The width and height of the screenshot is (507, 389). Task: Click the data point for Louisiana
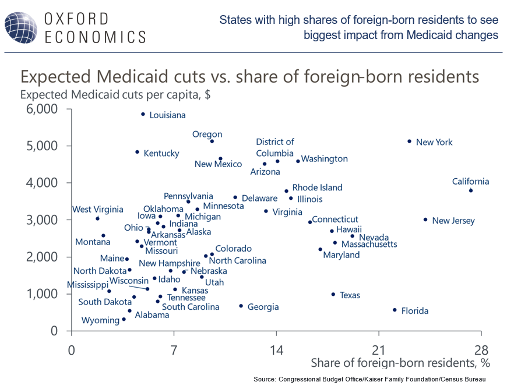143,114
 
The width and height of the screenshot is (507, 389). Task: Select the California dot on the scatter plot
470,190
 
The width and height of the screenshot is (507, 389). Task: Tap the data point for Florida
395,310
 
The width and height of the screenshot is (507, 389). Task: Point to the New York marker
409,142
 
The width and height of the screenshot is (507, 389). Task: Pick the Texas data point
333,295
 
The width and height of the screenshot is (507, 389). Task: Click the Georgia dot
241,306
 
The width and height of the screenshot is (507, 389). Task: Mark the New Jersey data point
425,220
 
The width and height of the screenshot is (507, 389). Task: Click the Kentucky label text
161,154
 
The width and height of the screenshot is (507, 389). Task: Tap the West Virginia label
97,210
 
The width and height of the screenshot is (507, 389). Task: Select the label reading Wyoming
100,320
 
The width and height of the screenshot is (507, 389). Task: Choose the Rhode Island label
317,188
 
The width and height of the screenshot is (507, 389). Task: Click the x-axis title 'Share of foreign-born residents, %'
400,363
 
